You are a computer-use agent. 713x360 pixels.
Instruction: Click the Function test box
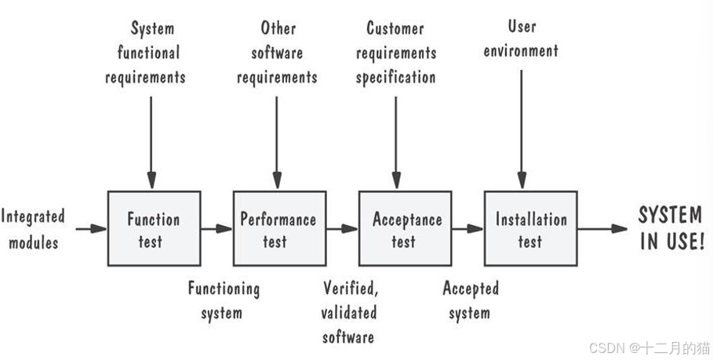tap(154, 229)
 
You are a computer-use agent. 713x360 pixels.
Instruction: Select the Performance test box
tap(278, 229)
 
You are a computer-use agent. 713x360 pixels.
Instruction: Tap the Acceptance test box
tap(405, 229)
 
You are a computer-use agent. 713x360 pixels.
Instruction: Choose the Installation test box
tap(530, 229)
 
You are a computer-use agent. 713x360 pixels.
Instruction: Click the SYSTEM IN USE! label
tap(671, 229)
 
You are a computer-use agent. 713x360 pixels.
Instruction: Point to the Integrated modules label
tap(33, 229)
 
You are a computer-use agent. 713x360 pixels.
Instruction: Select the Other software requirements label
tap(278, 53)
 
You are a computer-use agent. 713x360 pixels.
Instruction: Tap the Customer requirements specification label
tap(395, 53)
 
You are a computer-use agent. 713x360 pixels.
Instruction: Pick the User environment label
tap(521, 39)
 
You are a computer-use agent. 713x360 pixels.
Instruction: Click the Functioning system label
tap(223, 300)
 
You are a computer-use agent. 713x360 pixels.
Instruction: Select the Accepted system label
tap(470, 300)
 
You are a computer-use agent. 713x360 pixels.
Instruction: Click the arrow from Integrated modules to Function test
tap(91, 229)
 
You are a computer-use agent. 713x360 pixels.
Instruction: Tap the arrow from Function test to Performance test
tap(216, 229)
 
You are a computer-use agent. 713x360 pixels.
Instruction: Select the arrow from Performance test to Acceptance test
tap(342, 229)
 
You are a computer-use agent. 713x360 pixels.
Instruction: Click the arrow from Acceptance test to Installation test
tap(467, 229)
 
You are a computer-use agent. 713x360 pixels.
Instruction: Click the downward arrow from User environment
tap(521, 125)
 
